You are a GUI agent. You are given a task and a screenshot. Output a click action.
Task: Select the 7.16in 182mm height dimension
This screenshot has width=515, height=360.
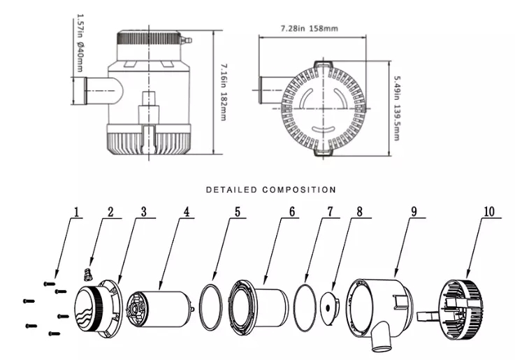tap(223, 91)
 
